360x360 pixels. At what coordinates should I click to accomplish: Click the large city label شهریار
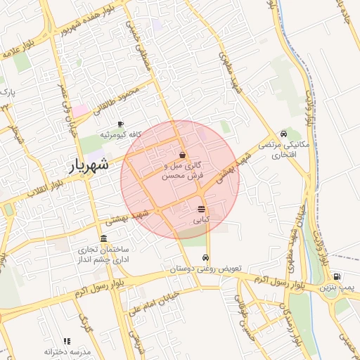(x=89, y=166)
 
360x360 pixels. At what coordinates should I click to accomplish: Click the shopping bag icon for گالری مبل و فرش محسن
(x=183, y=155)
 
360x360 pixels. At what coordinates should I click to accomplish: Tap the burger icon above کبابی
(x=202, y=209)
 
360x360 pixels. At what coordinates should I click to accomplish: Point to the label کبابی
(x=202, y=219)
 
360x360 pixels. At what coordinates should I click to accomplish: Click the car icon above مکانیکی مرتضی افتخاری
(x=283, y=134)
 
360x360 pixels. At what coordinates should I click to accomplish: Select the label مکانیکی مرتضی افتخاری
(x=283, y=148)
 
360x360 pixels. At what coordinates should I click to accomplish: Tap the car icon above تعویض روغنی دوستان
(x=205, y=258)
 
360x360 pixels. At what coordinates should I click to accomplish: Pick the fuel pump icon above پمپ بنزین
(x=337, y=276)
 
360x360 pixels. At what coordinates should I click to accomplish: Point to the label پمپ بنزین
(x=336, y=288)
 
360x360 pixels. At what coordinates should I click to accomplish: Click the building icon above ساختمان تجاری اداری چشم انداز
(x=104, y=238)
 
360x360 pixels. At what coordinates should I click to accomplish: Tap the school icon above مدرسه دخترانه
(x=67, y=341)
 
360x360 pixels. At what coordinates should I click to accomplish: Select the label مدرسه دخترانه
(x=67, y=352)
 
